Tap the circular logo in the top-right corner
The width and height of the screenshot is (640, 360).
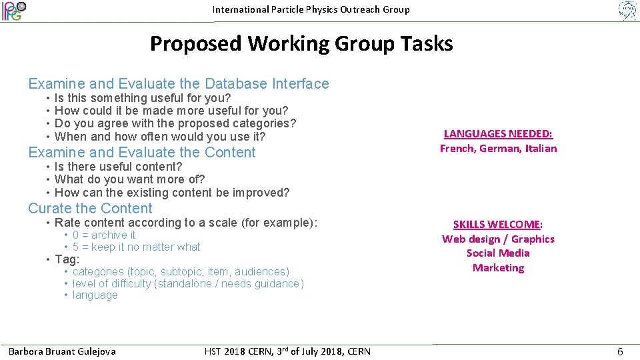coord(627,11)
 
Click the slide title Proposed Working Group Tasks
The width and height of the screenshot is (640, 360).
coord(301,44)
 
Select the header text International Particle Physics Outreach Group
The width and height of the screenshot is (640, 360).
coord(311,9)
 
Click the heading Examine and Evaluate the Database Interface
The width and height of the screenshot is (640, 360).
coord(179,84)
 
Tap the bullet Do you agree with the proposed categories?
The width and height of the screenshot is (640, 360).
coord(175,123)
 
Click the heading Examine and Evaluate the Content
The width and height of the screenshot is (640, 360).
coord(142,153)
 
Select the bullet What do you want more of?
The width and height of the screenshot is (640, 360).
coord(130,179)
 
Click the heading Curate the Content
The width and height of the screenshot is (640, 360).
coord(90,209)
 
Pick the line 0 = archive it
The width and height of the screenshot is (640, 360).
coord(104,235)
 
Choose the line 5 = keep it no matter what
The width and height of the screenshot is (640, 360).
coord(136,247)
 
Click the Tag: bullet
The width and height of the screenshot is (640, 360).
coord(67,259)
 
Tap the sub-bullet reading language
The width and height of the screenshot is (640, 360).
coord(95,295)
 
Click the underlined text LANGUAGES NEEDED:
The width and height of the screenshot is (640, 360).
coord(498,133)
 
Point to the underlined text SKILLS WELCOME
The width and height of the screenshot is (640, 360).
coord(497,224)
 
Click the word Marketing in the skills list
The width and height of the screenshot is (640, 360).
coord(498,268)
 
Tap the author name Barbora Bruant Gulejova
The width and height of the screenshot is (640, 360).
coord(62,351)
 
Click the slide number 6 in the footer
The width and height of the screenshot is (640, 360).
coord(620,351)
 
